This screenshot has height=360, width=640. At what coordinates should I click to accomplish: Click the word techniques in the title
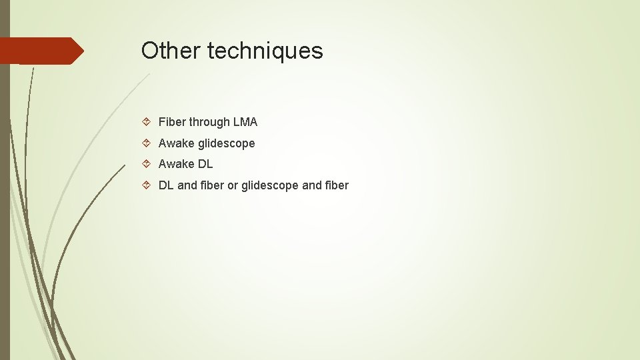tap(265, 51)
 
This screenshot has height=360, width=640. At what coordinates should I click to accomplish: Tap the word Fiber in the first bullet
tap(172, 122)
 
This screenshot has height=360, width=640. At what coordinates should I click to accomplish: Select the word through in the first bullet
tap(209, 122)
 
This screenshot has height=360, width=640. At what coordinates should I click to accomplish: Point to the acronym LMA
tap(245, 122)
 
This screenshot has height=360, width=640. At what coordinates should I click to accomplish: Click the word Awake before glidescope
tap(177, 143)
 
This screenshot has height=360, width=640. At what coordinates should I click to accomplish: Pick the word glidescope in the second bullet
tap(227, 143)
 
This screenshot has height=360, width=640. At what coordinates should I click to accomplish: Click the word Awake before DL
tap(177, 164)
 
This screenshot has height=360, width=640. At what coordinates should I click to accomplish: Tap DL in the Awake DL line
tap(205, 164)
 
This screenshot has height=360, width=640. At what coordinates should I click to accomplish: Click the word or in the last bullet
tap(232, 185)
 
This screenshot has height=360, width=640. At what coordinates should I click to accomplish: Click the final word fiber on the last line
tap(337, 185)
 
